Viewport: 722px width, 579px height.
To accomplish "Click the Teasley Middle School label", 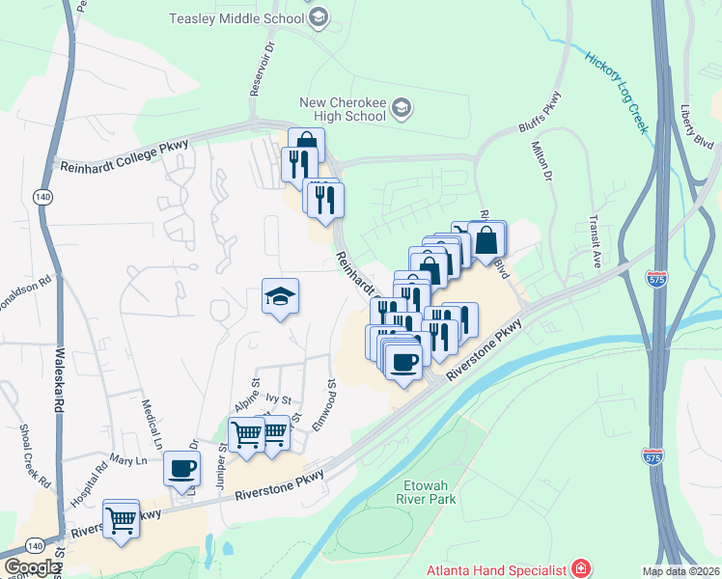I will click(x=237, y=18).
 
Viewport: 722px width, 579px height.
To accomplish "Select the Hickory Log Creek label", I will click(x=618, y=91).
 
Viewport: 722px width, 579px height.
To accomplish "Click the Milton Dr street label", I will click(x=541, y=161).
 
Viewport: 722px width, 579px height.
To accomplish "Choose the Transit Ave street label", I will click(x=596, y=240).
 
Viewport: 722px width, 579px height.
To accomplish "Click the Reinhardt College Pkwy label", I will click(x=124, y=153).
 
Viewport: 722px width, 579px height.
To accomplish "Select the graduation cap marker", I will click(x=280, y=296).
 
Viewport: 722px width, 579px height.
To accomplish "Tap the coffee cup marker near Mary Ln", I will click(x=182, y=469).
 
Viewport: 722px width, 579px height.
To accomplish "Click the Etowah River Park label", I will click(x=425, y=493).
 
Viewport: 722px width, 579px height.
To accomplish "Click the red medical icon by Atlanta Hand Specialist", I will click(x=579, y=568).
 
